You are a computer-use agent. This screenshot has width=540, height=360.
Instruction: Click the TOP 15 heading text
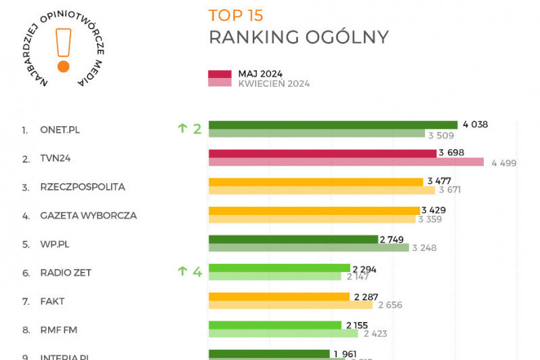tap(236, 16)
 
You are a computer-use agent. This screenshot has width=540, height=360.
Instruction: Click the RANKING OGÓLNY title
tap(298, 37)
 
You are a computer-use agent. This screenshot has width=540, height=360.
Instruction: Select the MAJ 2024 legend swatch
tap(220, 74)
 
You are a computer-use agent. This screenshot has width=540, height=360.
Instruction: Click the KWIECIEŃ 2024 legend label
tap(274, 83)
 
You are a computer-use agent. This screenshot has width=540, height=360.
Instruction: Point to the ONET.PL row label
tap(60, 129)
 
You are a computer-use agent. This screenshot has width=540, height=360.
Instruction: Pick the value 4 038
tap(475, 124)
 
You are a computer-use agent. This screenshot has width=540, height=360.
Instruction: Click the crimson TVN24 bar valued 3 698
tap(322, 153)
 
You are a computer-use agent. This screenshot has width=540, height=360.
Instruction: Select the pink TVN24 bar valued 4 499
tap(346, 162)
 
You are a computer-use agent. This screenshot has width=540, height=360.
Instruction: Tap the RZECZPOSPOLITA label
tap(83, 187)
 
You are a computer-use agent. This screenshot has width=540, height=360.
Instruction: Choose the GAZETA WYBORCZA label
tap(88, 216)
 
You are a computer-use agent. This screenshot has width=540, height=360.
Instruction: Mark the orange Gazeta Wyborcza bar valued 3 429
tap(314, 210)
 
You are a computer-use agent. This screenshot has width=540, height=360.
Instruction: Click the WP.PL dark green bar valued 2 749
tap(293, 239)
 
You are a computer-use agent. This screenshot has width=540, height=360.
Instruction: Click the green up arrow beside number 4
tap(182, 272)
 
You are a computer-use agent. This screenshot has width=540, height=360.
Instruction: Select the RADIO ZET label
tap(66, 273)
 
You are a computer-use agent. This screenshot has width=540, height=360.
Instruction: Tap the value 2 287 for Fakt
tap(367, 296)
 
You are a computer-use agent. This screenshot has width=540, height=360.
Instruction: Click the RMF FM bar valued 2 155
tap(275, 325)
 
